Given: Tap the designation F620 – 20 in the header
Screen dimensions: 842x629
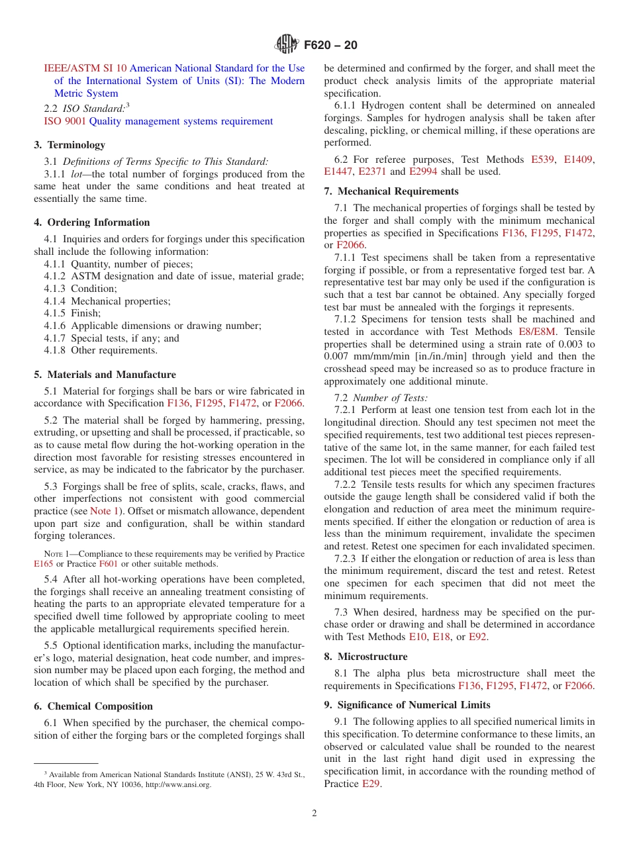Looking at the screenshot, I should coord(330,45).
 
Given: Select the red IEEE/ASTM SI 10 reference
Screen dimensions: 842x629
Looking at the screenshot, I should coord(85,68).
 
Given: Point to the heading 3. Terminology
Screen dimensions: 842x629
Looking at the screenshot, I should coord(70,144).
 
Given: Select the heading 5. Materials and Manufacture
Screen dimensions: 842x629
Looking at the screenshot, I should coord(105,375).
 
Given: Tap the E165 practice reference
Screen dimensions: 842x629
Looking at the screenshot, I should coord(44,564).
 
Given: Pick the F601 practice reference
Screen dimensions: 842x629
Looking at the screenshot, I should coord(108,564).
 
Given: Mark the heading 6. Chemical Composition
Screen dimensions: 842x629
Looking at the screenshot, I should coord(93,706).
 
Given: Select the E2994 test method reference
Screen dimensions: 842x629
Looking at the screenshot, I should coord(423,171).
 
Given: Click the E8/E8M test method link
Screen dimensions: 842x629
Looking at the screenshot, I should coord(539,332).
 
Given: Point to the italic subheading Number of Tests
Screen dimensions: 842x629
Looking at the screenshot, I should coord(390,398).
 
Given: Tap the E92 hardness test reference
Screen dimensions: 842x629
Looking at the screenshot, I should coord(478,637).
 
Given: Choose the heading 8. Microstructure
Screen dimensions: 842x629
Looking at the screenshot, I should coord(365,657).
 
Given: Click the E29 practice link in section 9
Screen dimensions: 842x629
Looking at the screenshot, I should coord(371,784).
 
